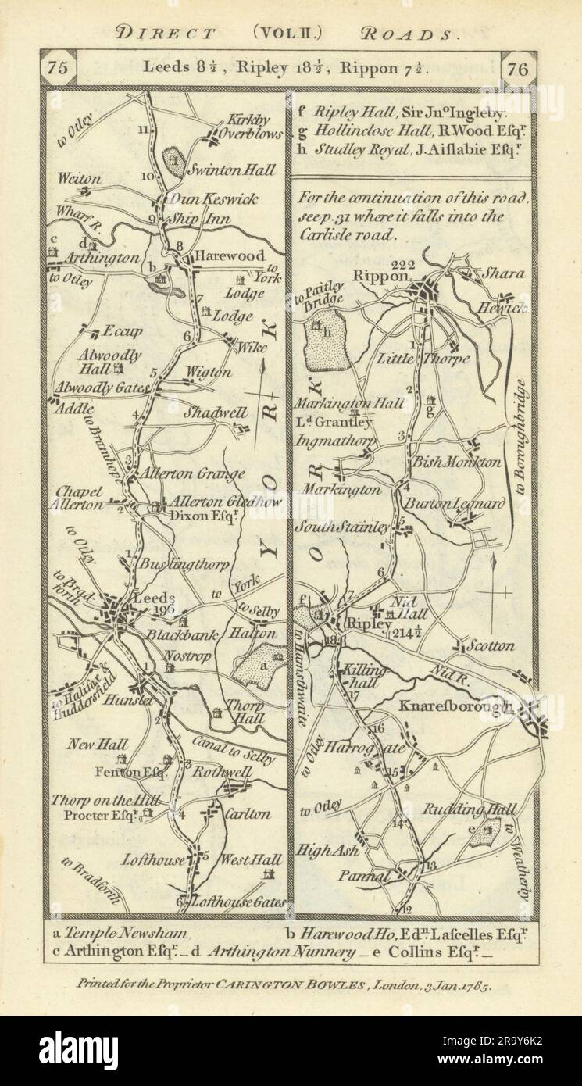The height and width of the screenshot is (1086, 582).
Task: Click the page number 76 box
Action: click(517, 69)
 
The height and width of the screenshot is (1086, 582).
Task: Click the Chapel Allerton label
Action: click(80, 498)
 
